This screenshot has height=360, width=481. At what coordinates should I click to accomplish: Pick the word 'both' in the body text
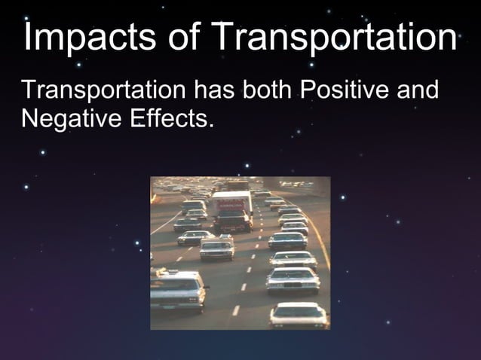click(267, 92)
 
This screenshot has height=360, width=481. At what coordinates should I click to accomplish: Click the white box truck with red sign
click(231, 210)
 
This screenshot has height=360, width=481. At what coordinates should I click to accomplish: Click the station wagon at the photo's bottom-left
click(177, 289)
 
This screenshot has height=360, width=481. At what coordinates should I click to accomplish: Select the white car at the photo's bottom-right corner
click(299, 314)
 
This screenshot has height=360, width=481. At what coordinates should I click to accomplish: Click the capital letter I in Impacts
click(29, 38)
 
